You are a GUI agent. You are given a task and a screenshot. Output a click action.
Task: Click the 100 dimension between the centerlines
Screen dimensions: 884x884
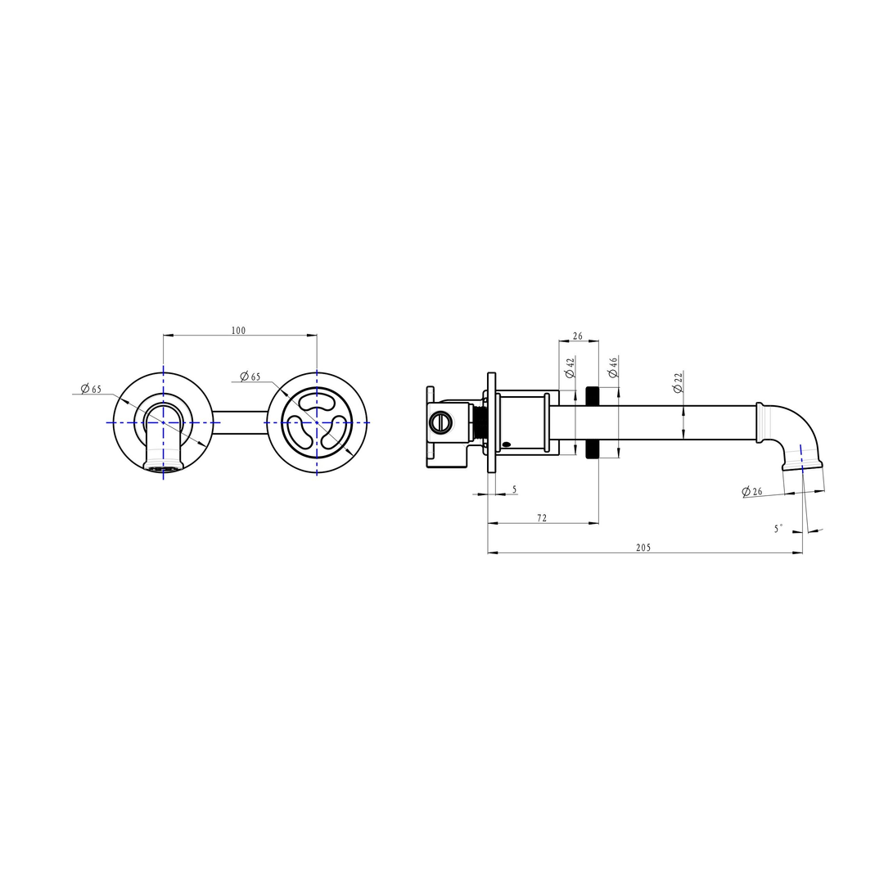(x=238, y=331)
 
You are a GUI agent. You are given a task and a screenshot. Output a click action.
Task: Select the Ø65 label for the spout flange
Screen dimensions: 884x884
(x=91, y=389)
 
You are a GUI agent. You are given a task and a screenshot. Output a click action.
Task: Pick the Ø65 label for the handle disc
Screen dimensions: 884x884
(x=250, y=377)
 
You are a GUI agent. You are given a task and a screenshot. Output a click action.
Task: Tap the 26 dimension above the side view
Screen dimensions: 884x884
(x=578, y=336)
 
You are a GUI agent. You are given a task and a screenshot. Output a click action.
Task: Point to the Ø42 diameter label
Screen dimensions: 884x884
(x=570, y=368)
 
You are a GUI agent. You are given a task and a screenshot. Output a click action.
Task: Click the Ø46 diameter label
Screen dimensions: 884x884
(x=612, y=368)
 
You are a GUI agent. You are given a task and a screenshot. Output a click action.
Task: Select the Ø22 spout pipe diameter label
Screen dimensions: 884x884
(x=678, y=382)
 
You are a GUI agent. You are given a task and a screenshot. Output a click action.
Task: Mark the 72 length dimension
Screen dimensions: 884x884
(x=542, y=518)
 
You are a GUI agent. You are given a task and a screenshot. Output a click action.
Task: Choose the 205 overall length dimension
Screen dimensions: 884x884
(x=643, y=548)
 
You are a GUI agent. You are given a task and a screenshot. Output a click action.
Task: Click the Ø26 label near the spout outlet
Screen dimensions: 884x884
(x=752, y=492)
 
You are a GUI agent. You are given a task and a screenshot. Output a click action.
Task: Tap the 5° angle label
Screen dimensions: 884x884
(x=778, y=529)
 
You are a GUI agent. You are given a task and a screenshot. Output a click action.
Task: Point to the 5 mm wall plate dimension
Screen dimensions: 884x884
(x=514, y=489)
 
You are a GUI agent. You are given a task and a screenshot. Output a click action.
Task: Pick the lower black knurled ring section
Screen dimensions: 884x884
(x=593, y=449)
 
